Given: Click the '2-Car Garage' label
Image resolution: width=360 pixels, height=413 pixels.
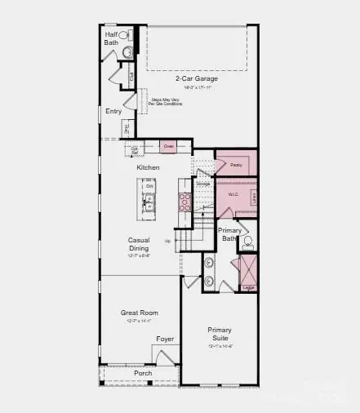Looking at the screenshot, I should tap(193, 79).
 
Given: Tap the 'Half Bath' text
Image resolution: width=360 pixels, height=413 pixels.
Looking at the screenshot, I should tap(111, 38).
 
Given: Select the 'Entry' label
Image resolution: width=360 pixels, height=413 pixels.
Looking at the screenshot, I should tap(113, 111).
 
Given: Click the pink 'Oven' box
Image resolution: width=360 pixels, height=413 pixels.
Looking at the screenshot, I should tap(168, 147).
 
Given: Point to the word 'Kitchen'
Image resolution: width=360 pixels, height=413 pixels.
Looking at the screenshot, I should tap(148, 167).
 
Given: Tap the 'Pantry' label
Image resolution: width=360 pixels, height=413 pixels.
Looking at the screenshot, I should tap(236, 165).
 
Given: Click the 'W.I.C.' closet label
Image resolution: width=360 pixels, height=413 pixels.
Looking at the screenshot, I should tap(233, 194).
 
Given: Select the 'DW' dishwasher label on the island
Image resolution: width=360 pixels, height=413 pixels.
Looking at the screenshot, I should tap(149, 186).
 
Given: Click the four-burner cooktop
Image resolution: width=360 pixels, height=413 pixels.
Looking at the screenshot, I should tap(184, 202).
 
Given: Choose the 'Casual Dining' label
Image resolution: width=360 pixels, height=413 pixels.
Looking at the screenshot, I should tap(138, 244).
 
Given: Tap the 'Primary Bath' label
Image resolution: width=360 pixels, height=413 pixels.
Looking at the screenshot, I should tap(230, 234).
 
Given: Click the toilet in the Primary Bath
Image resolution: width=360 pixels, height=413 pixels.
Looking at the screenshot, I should tap(248, 242).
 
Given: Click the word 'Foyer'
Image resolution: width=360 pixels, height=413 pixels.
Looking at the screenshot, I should tap(166, 339).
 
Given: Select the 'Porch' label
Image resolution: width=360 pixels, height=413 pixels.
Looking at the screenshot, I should tap(143, 373).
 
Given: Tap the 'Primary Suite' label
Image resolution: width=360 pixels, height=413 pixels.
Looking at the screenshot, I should tap(220, 335).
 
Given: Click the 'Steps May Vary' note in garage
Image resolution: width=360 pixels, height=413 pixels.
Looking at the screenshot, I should tap(167, 102).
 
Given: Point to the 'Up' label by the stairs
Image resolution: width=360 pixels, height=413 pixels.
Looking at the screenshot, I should tap(168, 241).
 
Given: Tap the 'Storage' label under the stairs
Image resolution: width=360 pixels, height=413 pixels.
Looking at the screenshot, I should tap(202, 184).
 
